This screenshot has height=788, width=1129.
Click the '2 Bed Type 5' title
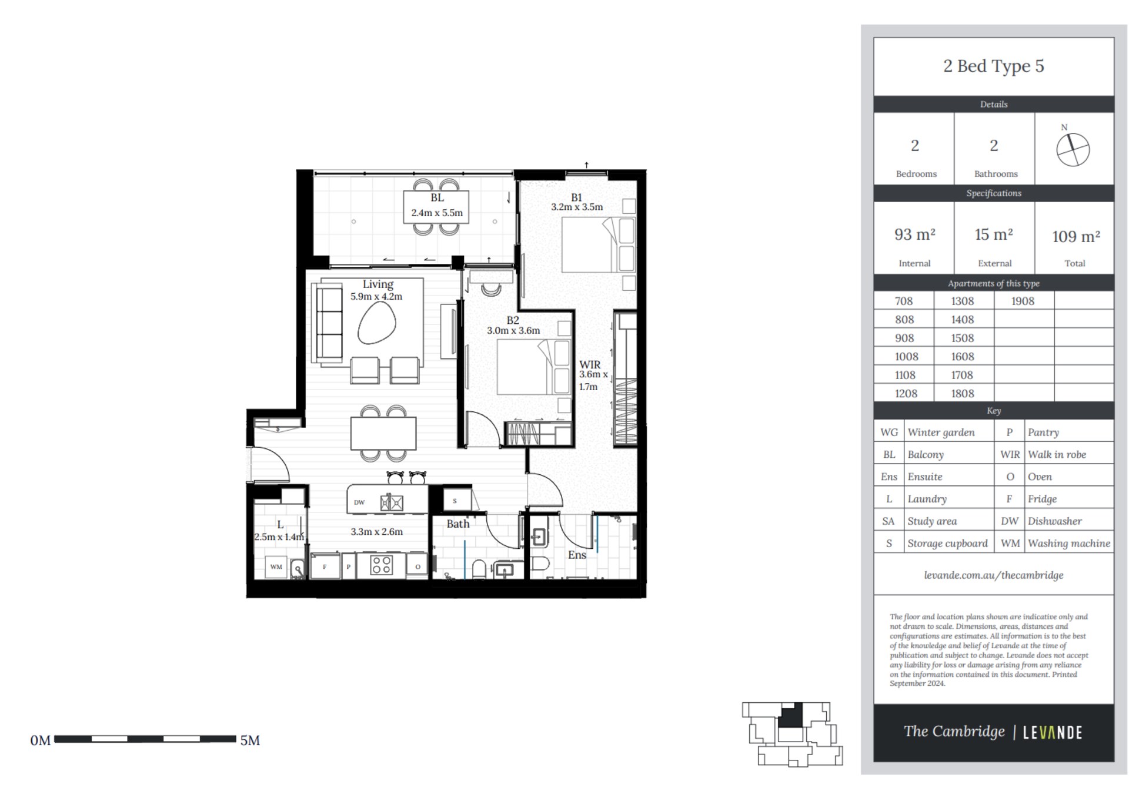coord(993,66)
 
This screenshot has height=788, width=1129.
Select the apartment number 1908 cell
coord(1023,301)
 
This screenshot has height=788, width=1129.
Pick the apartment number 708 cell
coord(904,301)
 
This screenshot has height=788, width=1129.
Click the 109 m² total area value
coord(1075,236)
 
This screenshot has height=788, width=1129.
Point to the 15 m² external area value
coord(994,234)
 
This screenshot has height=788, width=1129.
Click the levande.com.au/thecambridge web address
coord(993,575)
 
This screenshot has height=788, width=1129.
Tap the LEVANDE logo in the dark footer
coord(1052,732)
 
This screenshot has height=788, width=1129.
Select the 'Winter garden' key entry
coord(941,432)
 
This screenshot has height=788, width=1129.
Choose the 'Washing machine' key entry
coord(1069,544)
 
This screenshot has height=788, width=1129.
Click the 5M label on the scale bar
coord(250,740)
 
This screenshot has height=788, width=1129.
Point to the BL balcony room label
coord(437,198)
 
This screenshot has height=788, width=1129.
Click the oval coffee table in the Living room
coord(376,324)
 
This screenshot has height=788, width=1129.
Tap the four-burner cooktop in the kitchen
coord(381,565)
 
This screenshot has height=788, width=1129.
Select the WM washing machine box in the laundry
coord(276,567)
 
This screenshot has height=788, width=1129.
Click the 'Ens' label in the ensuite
coord(577,555)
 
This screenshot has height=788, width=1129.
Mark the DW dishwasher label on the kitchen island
coord(359,502)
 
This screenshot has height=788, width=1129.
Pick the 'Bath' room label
coord(458,524)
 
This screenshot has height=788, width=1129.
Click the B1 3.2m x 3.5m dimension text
coord(577,207)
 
